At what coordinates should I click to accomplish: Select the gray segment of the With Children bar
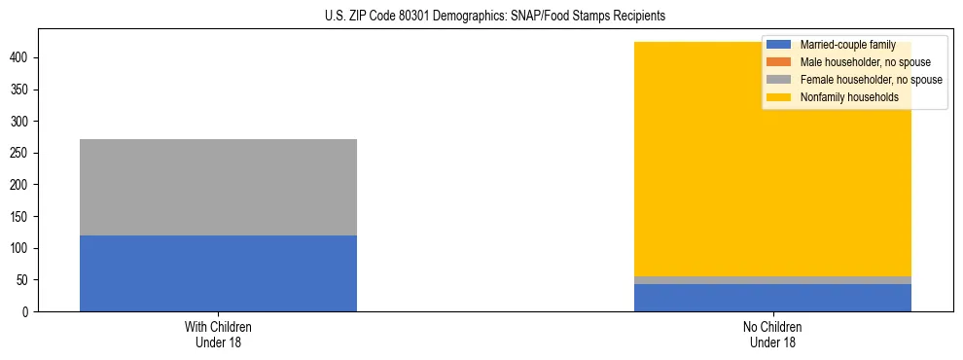[x=218, y=187]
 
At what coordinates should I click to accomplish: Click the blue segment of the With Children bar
[x=218, y=272]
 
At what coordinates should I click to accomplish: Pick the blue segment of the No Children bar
[x=772, y=298]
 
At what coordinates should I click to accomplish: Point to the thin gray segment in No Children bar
[x=772, y=280]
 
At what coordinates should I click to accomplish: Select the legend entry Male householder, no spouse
[x=851, y=62]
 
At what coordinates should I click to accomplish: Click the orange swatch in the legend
[x=779, y=62]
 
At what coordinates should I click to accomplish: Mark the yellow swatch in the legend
[x=779, y=97]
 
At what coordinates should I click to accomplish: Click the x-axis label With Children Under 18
[x=218, y=334]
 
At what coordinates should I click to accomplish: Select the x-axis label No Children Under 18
[x=772, y=334]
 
